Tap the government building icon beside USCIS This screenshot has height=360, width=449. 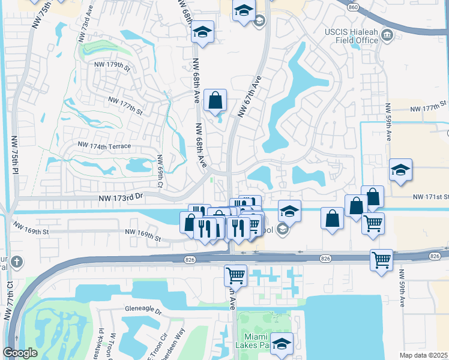(x=387, y=38)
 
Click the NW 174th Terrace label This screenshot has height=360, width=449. (x=104, y=146)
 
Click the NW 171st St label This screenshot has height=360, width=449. (x=430, y=197)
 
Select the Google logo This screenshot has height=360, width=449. (x=20, y=353)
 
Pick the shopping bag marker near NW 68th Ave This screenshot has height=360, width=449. (x=215, y=100)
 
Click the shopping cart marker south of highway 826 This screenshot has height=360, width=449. (x=236, y=275)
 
